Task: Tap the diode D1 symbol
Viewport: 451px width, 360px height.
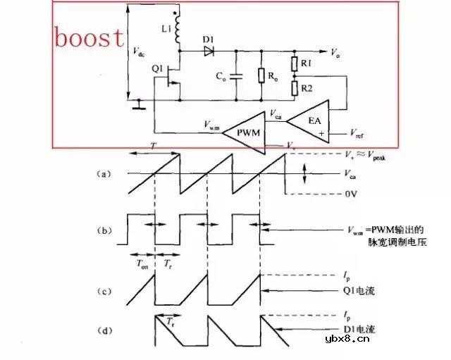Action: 209,51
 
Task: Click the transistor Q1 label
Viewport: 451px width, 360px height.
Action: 156,68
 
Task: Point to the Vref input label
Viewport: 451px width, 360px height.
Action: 358,132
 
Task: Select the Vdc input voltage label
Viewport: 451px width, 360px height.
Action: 139,53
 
